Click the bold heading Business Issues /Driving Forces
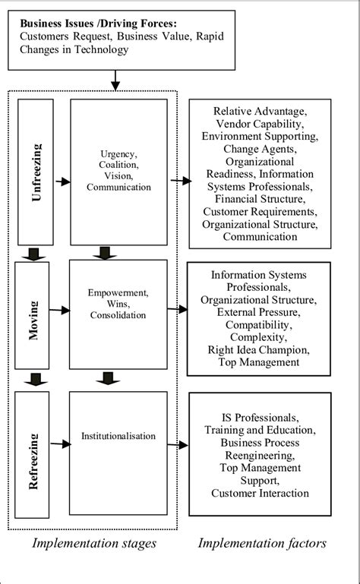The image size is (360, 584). [x=97, y=24]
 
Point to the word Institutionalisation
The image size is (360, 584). [x=118, y=436]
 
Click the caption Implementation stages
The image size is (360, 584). [x=94, y=543]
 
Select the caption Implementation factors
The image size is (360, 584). [x=262, y=543]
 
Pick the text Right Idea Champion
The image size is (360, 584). [x=258, y=349]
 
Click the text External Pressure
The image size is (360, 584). [x=258, y=312]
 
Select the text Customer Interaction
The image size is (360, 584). [x=261, y=494]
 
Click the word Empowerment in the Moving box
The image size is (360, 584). [x=118, y=291]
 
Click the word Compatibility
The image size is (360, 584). [x=258, y=324]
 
